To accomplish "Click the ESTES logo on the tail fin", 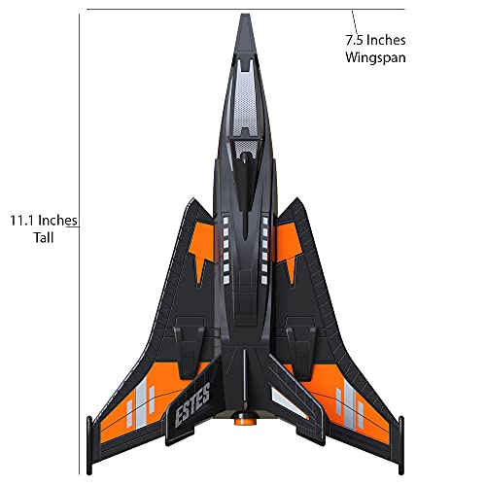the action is pyautogui.click(x=192, y=404).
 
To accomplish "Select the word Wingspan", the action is pyautogui.click(x=375, y=57).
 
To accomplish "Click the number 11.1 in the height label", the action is pyautogui.click(x=22, y=221).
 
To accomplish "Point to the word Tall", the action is pyautogui.click(x=44, y=238).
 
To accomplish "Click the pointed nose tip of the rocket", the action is pyautogui.click(x=245, y=15).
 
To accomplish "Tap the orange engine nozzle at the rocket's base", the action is pyautogui.click(x=245, y=418).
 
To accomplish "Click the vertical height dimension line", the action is pyautogui.click(x=80, y=245).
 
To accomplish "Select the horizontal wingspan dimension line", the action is pyautogui.click(x=246, y=10).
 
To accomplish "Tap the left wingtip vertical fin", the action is pyautogui.click(x=89, y=445).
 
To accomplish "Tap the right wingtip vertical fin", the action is pyautogui.click(x=401, y=445).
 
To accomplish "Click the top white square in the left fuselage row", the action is pyautogui.click(x=226, y=221).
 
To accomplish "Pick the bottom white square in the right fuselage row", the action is pyautogui.click(x=264, y=280).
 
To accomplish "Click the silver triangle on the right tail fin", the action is pyautogui.click(x=289, y=402).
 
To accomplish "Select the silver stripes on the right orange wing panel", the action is pyautogui.click(x=350, y=405).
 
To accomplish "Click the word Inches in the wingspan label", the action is pyautogui.click(x=386, y=40).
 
